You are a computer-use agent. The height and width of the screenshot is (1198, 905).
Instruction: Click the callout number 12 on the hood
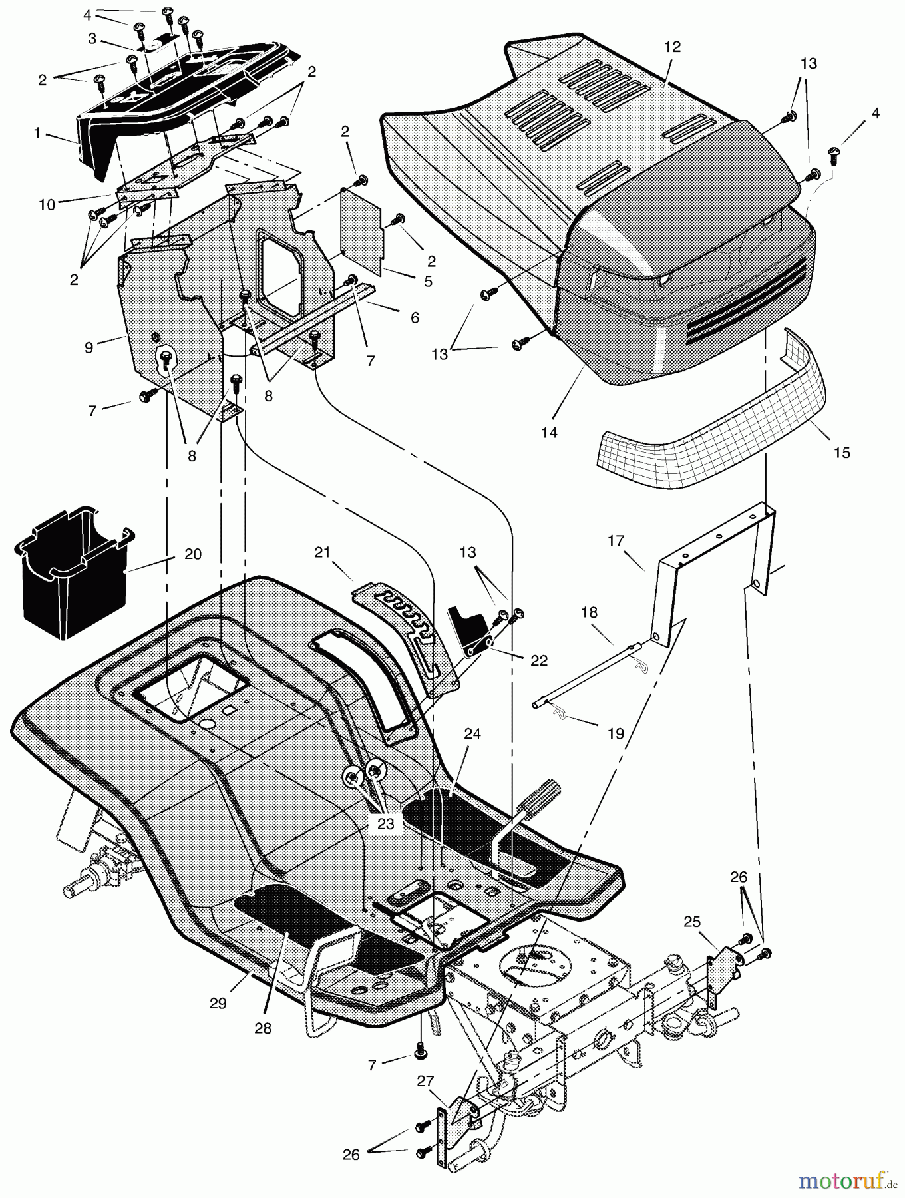click(x=673, y=47)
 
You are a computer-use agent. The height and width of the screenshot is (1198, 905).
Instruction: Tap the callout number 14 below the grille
click(x=549, y=432)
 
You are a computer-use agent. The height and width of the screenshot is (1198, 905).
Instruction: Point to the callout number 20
click(x=193, y=554)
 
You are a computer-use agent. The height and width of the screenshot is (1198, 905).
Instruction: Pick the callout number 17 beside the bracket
click(x=616, y=540)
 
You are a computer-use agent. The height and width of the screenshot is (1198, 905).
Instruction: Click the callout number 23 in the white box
click(x=386, y=823)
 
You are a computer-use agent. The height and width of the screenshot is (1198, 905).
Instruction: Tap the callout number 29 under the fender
click(x=218, y=1003)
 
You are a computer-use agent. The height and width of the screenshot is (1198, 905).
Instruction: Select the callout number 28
click(x=263, y=1028)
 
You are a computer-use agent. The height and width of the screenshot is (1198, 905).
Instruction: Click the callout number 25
click(x=693, y=921)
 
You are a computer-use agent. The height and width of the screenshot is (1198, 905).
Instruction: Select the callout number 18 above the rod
click(x=589, y=612)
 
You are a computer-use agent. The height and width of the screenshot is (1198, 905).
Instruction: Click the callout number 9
click(x=89, y=347)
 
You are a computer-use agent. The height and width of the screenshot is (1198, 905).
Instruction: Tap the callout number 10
click(x=47, y=204)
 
